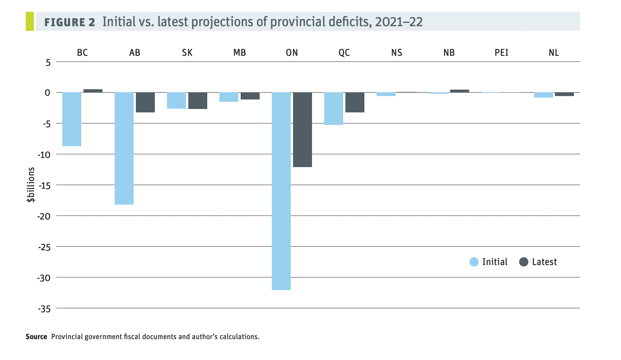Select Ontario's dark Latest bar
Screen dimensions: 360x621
[x=303, y=129]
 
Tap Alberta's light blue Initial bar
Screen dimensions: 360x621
[x=124, y=148]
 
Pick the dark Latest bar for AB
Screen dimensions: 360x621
[x=145, y=103]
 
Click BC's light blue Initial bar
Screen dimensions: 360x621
[x=72, y=119]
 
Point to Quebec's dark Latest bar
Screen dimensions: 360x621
[x=355, y=103]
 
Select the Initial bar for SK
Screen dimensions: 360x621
[x=177, y=101]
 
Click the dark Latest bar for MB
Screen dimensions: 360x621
[x=250, y=96]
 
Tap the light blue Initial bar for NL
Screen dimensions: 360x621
[x=544, y=95]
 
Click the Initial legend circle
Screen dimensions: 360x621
[x=474, y=262]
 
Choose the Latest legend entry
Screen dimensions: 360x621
[x=538, y=262]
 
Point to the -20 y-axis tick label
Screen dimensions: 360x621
[x=44, y=216]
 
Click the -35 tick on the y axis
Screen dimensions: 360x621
[x=44, y=309]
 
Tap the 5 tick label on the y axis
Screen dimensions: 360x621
[x=48, y=62]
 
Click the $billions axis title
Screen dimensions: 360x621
[x=31, y=185]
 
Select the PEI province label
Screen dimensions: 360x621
[x=501, y=53]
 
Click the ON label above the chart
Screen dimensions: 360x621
[x=292, y=53]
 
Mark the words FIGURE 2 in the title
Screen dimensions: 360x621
[x=70, y=22]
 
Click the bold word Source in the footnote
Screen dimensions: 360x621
[x=36, y=337]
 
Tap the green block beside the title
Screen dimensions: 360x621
[x=30, y=21]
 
